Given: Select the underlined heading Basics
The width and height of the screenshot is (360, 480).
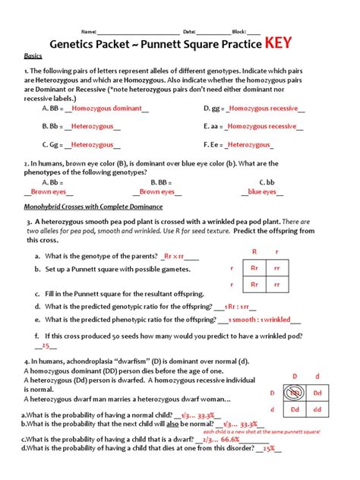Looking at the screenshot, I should [33, 56].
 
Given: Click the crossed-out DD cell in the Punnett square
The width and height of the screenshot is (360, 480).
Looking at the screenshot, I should [292, 392].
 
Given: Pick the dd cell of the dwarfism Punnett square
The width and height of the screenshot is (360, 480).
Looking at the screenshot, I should [317, 409].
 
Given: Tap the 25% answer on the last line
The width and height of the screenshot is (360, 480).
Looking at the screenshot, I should [268, 448].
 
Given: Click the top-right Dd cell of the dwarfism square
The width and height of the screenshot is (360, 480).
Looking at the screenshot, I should [317, 392].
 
